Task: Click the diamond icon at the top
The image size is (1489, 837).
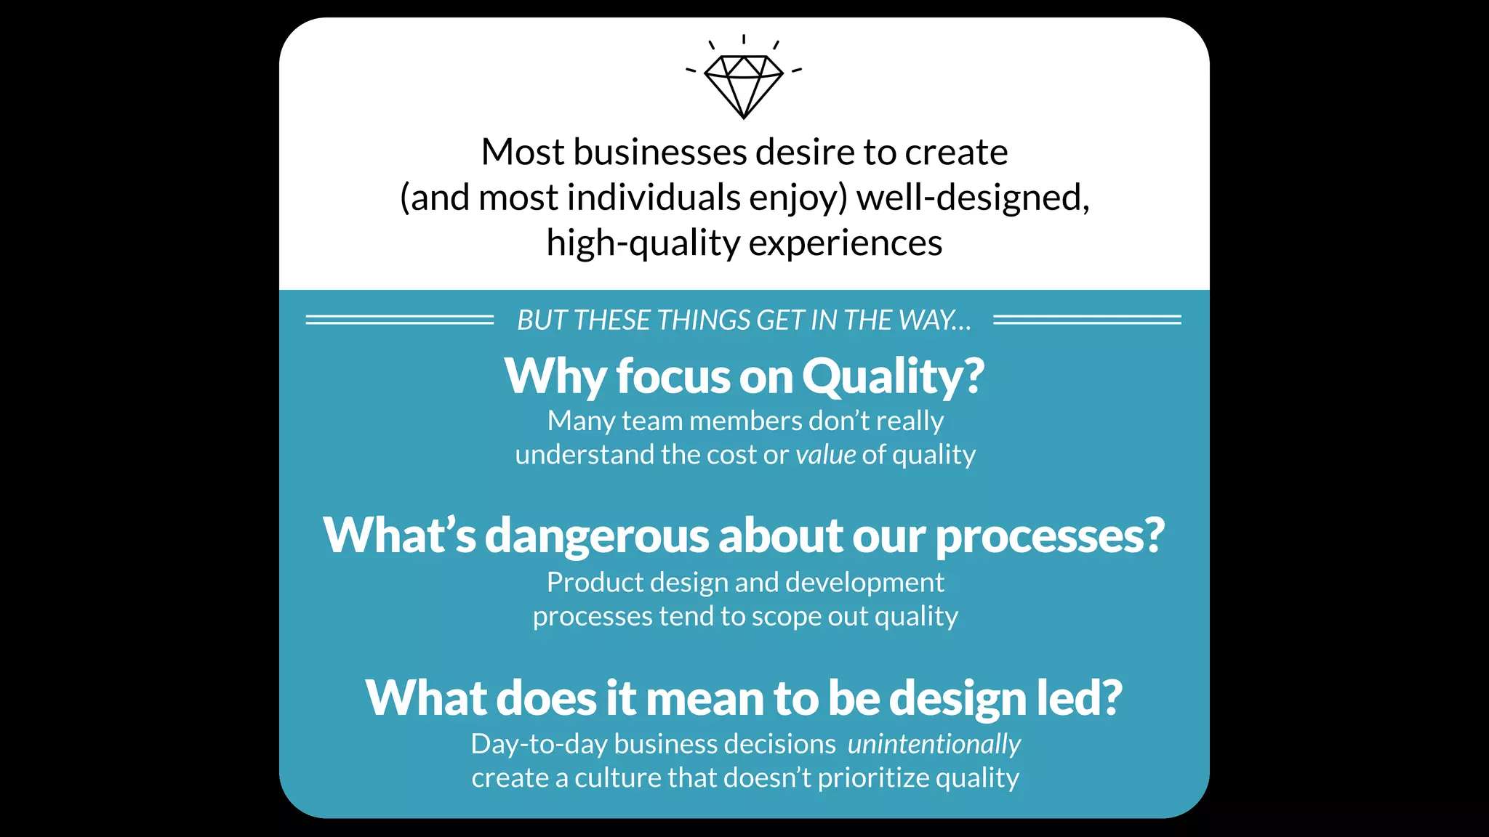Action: click(744, 84)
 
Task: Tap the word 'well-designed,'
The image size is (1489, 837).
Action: click(973, 198)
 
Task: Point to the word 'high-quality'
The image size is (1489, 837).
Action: click(643, 243)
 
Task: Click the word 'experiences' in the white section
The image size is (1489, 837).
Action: click(845, 243)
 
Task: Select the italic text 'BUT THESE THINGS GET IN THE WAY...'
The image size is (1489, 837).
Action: click(744, 320)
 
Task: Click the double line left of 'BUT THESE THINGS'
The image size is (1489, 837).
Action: click(399, 320)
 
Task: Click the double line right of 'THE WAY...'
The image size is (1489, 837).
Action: click(1087, 320)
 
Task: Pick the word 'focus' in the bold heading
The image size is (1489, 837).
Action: click(673, 377)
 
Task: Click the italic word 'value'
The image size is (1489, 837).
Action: click(826, 455)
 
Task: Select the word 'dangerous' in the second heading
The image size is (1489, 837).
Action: click(597, 536)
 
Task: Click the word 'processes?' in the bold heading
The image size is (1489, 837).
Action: click(1050, 536)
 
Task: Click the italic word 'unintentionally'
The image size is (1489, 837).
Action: click(934, 745)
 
